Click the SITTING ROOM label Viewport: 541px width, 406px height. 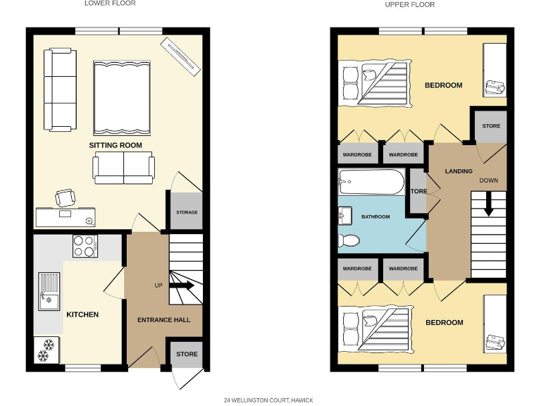tap(115, 145)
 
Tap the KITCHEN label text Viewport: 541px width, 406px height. tap(82, 314)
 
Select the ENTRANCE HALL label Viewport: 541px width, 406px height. tap(163, 320)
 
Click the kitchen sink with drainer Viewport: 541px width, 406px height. tap(49, 293)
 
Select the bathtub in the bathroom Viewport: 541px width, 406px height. tap(371, 182)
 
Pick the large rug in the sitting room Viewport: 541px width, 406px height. tap(121, 97)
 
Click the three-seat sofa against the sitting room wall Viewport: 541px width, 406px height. tap(60, 90)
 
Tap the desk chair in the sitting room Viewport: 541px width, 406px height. tap(66, 198)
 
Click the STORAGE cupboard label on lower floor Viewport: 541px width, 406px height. tap(187, 212)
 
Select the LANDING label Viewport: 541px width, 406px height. tap(459, 171)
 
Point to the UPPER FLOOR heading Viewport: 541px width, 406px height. tap(409, 4)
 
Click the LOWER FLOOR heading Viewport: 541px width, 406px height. tap(110, 4)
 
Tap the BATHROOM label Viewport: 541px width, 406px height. tap(375, 217)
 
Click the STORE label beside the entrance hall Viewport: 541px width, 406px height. tap(187, 354)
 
